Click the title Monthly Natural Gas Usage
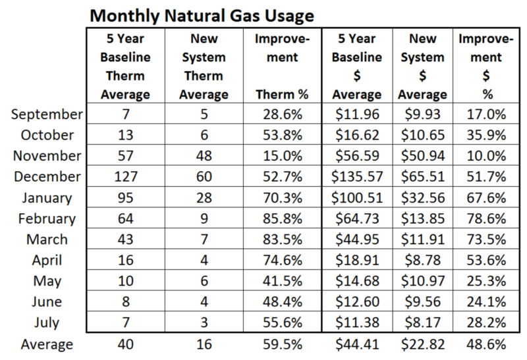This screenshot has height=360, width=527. pos(202,16)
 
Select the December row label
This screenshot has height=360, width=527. pos(47,176)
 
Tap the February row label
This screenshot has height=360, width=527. pos(47,219)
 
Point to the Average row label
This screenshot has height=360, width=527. pos(47,345)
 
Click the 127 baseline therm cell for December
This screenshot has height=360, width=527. pos(126,176)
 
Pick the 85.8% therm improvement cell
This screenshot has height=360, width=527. pos(283,219)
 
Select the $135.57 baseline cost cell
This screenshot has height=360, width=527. pos(357,176)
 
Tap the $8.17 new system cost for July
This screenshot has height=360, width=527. pos(422,322)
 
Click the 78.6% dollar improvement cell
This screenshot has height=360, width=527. pos(486,219)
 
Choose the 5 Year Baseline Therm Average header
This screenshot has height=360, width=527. pos(125,67)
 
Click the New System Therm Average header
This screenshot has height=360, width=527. pos(204,67)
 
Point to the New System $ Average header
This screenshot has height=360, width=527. pos(422,67)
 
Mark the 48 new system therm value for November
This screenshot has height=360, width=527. pos(204,156)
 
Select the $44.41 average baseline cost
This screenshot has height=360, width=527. pos(357,345)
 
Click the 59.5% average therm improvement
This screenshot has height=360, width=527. pos(283,345)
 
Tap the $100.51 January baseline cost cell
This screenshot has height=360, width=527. pos(357,198)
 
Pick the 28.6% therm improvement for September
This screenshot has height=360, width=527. pos(283,115)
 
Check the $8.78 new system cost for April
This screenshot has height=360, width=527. pos(422,260)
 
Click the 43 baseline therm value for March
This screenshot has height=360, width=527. pos(126,240)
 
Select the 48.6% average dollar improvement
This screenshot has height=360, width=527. pos(486,345)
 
